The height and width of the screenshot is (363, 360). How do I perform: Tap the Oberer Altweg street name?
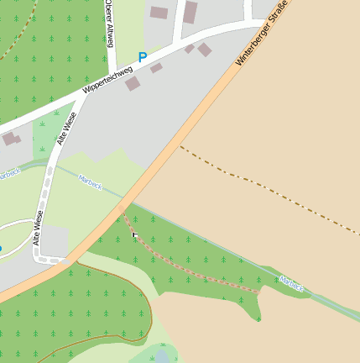(111, 23)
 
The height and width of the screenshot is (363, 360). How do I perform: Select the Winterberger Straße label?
(263, 34)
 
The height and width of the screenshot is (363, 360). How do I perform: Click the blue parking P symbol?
(143, 58)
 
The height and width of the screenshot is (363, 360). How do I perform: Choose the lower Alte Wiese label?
(39, 229)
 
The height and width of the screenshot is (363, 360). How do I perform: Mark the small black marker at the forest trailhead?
(134, 235)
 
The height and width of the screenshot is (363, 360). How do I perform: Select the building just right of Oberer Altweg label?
(159, 12)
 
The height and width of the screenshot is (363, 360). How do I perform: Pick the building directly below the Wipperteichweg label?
(133, 83)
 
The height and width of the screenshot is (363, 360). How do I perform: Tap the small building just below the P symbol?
(156, 68)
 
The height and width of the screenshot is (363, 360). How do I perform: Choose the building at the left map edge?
(9, 139)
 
